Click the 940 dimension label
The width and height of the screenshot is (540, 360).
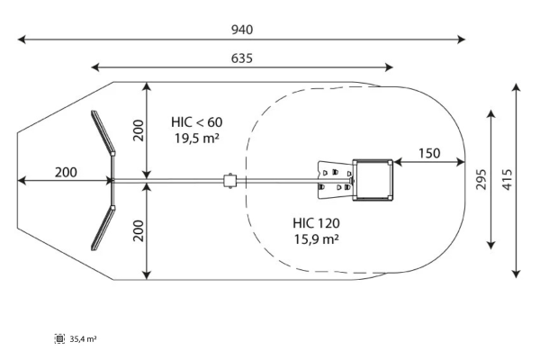click(x=241, y=30)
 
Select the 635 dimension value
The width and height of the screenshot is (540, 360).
click(x=241, y=58)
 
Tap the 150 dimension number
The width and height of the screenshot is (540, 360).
click(x=429, y=153)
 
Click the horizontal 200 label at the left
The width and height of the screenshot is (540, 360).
click(x=65, y=172)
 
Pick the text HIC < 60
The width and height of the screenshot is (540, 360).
click(x=197, y=121)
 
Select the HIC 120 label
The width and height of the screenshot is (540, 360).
click(x=316, y=222)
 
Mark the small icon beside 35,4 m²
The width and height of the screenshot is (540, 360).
click(x=60, y=339)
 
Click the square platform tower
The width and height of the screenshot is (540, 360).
click(x=373, y=180)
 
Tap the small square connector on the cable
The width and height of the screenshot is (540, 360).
click(x=229, y=181)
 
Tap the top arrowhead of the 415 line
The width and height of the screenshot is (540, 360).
click(x=517, y=86)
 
